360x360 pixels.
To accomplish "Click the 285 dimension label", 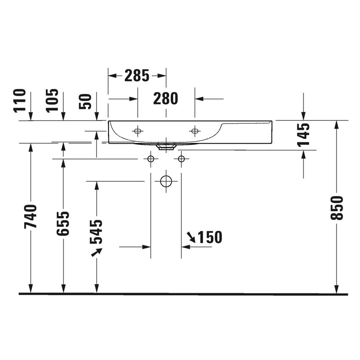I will (x=137, y=76).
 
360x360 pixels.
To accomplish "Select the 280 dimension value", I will (x=166, y=99).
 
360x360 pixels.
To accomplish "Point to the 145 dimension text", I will (x=303, y=135).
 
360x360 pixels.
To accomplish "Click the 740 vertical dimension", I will (x=30, y=216).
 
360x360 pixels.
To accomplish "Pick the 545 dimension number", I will (x=96, y=232).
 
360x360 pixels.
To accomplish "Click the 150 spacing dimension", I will (x=209, y=238).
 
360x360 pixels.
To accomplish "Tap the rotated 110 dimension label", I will (x=20, y=100).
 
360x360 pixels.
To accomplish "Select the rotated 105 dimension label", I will (x=52, y=100).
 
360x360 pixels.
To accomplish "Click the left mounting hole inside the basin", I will (x=137, y=131).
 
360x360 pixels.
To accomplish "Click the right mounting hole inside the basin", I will (x=195, y=131).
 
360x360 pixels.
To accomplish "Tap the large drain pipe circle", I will (x=166, y=181).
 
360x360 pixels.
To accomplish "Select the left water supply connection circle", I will (x=150, y=159).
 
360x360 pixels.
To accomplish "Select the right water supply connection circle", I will (x=181, y=159).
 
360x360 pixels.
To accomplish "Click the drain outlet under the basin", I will (x=166, y=147).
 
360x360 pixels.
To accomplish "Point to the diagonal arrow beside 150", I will (x=191, y=238).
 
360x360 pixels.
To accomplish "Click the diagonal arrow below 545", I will (x=97, y=252).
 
